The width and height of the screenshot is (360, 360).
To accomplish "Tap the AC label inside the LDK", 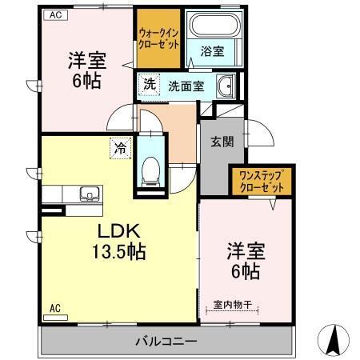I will coord(55,308).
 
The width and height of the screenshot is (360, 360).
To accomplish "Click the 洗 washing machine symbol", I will coord(149,85).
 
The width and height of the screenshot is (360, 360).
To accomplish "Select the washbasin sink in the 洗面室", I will coord(225,86).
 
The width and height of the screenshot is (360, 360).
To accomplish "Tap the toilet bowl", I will coord(150,170).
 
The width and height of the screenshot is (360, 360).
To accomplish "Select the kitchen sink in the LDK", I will coord(90,194).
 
